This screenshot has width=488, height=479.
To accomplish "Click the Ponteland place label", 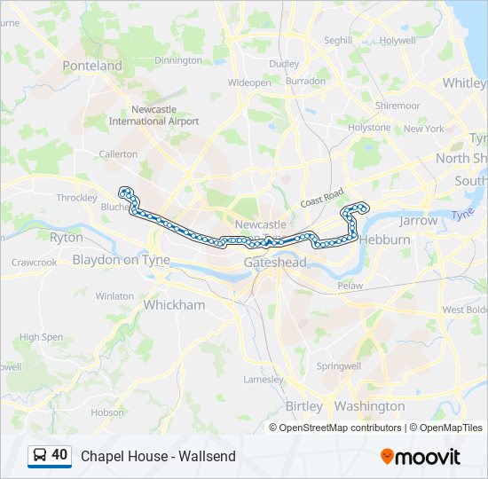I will click(92, 66).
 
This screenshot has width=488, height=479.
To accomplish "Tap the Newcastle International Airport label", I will click(154, 115).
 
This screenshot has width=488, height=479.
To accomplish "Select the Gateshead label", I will click(275, 263).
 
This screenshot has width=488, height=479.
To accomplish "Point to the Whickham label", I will click(174, 305).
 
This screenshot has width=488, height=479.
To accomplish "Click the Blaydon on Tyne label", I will click(121, 260).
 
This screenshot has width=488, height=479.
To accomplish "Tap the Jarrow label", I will click(419, 220).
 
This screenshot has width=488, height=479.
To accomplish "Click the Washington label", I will click(370, 406).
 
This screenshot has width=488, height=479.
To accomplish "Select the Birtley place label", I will click(304, 406).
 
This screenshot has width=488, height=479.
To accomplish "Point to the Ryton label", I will click(67, 238).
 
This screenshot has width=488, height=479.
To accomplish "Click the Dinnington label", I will click(178, 60).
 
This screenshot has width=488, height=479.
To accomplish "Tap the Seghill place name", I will click(338, 40).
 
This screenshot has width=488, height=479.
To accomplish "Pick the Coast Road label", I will click(321, 200).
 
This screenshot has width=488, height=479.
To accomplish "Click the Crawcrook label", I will click(34, 263).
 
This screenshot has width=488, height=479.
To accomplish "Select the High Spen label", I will click(41, 337).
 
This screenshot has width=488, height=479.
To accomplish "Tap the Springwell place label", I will click(339, 365).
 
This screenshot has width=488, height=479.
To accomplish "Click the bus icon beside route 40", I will click(40, 455).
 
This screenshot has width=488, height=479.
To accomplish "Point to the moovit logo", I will click(421, 457).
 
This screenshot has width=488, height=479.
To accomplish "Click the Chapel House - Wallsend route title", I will click(158, 456).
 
